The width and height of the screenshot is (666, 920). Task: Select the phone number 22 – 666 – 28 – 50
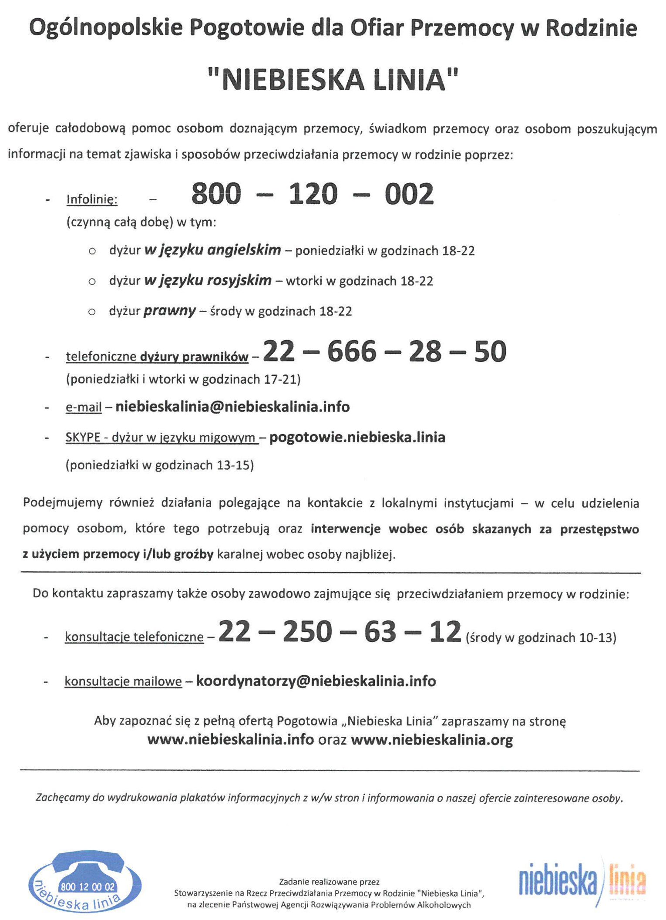tap(384, 351)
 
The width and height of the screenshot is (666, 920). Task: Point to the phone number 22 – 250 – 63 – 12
tap(340, 632)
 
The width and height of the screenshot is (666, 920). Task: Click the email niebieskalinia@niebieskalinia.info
tap(232, 407)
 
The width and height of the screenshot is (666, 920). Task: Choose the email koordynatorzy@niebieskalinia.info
tap(316, 681)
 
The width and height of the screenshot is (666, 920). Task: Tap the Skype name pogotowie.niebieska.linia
tap(357, 437)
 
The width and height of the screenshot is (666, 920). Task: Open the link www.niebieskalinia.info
tap(231, 740)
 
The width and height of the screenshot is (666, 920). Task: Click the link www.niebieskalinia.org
tap(432, 740)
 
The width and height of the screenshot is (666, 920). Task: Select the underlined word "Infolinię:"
tap(92, 199)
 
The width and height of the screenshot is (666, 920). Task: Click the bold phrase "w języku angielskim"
tap(212, 250)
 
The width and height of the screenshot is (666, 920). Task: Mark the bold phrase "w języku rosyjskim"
tap(208, 280)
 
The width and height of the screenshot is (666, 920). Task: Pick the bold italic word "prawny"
tap(169, 311)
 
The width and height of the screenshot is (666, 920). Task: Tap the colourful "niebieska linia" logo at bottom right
tap(582, 881)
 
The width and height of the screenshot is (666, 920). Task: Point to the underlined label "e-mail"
tap(84, 408)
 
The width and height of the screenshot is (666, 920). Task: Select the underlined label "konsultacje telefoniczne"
tap(134, 637)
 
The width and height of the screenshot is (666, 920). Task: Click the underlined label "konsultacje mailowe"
tap(123, 681)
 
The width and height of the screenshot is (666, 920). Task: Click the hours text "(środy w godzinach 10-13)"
tap(541, 638)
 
